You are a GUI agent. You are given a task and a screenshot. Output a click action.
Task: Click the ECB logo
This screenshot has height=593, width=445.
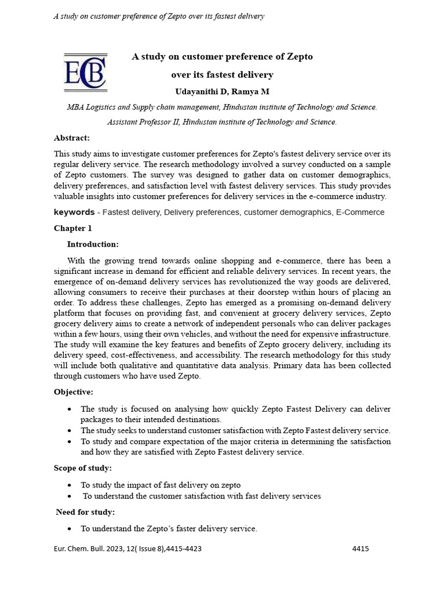coord(85,72)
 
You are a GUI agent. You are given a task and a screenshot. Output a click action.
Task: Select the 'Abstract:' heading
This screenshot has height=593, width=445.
coord(72,138)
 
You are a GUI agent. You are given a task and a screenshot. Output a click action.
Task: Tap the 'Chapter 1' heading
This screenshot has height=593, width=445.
coord(73,228)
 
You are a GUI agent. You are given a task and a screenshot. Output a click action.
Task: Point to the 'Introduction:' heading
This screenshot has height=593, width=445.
coord(93,244)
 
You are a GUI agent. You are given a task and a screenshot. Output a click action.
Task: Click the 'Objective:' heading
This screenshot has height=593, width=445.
coord(74,392)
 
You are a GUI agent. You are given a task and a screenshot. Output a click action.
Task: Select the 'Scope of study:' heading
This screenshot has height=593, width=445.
coord(83,468)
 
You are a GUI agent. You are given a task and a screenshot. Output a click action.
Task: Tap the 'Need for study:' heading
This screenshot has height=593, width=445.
coord(85,512)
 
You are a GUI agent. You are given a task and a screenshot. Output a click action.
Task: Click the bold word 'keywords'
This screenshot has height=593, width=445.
coord(74,213)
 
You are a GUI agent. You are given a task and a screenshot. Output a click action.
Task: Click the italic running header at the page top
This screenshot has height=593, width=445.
coord(159,16)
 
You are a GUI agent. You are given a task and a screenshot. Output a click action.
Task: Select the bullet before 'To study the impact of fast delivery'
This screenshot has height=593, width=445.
coord(70,485)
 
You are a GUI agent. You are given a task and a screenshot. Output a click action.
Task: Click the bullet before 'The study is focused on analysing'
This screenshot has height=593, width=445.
coord(70,409)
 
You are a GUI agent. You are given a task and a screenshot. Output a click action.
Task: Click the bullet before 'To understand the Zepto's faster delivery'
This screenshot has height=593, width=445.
coord(70,529)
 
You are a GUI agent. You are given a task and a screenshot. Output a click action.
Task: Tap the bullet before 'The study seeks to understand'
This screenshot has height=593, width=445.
coord(70,431)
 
